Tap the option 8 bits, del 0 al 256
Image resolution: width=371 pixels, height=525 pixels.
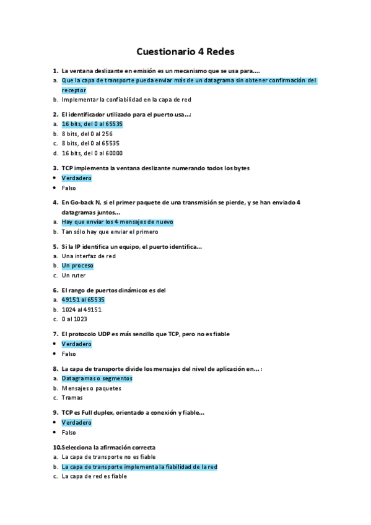[87, 134]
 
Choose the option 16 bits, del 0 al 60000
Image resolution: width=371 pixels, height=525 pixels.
[92, 153]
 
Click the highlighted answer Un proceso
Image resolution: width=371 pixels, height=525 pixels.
[77, 266]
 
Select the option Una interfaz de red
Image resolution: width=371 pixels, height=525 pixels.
[89, 256]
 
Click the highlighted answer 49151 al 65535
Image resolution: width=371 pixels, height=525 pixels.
[82, 300]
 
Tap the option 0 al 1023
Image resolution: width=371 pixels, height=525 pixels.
[74, 319]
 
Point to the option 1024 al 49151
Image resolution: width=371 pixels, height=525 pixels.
[82, 310]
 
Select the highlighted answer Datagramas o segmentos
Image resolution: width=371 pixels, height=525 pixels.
[97, 378]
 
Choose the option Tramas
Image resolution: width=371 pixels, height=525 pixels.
[72, 398]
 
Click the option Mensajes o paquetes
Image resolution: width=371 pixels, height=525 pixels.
[91, 388]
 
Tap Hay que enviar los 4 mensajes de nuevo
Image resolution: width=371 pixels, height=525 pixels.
[117, 222]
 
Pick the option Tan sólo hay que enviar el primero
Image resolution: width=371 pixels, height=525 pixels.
[110, 232]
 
